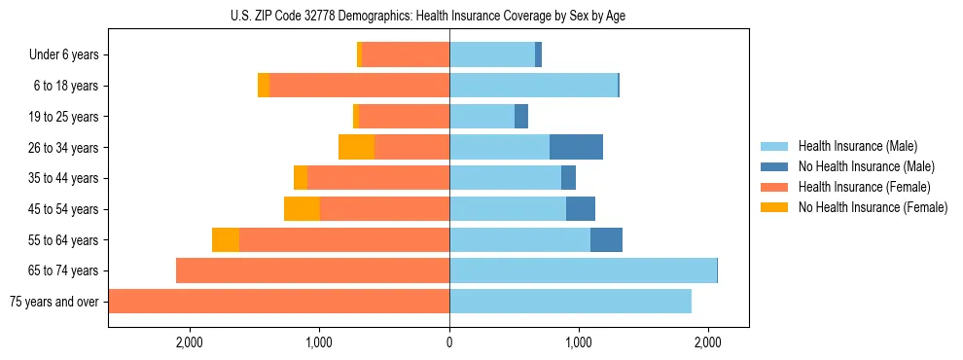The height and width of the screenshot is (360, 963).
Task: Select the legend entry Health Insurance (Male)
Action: pos(857,146)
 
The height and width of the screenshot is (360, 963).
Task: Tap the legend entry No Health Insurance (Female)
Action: pos(873,207)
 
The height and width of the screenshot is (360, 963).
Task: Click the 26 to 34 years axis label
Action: pos(64,148)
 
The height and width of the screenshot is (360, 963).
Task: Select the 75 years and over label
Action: pos(53,302)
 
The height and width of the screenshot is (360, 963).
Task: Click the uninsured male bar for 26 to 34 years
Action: pos(576,147)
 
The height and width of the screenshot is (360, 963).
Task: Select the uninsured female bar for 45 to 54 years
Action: pos(302,209)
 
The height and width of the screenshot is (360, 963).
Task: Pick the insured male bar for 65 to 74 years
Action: pos(583,270)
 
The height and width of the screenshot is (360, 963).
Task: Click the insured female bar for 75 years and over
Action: pos(279,302)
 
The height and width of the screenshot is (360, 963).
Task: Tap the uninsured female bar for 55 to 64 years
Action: pos(226,240)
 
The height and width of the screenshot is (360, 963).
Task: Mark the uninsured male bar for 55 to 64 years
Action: pos(606,240)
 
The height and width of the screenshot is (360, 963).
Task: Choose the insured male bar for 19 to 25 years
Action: pos(481,117)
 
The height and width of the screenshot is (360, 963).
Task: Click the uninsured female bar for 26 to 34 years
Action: pos(356,147)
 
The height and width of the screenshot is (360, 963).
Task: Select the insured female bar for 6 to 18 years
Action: pos(359,86)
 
